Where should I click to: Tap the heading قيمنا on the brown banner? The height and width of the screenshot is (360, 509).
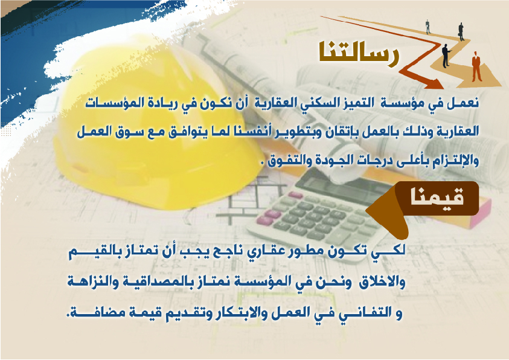437,198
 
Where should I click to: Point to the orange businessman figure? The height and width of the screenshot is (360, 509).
476,66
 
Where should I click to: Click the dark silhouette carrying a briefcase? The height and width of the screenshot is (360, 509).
461,31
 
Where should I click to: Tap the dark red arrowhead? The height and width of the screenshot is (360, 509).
434,83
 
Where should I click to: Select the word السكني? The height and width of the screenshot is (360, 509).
311,103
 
